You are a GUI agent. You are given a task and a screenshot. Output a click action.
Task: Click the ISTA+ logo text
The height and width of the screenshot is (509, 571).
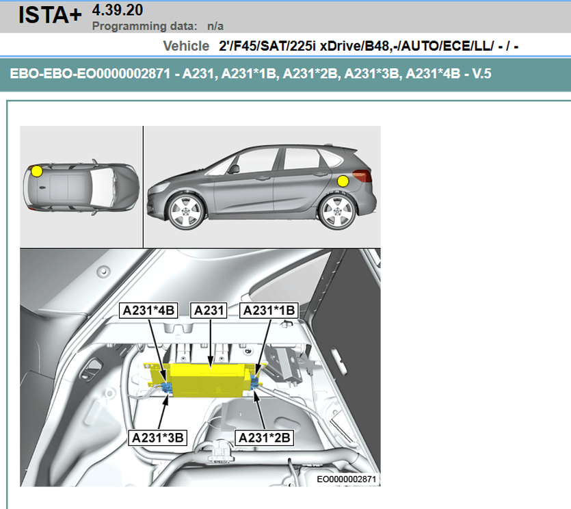(x=50, y=15)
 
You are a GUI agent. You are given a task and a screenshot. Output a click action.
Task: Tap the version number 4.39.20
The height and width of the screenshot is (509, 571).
(x=118, y=10)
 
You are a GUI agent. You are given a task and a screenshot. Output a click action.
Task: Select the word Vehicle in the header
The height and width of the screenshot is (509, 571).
(x=186, y=46)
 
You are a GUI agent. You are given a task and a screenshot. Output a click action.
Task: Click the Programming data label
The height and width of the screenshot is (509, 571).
(x=144, y=26)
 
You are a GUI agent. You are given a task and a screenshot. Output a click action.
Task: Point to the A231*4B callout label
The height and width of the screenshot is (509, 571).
(x=148, y=311)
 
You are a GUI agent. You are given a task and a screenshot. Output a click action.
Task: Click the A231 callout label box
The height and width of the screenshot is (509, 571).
(x=209, y=311)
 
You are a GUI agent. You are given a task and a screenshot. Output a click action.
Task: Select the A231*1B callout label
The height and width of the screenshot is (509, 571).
(x=269, y=311)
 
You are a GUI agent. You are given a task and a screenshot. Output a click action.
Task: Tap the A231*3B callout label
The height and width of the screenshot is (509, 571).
(x=158, y=438)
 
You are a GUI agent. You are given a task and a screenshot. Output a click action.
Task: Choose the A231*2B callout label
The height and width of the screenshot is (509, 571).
(x=264, y=438)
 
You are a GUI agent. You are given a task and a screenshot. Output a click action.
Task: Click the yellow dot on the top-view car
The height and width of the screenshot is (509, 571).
(x=37, y=171)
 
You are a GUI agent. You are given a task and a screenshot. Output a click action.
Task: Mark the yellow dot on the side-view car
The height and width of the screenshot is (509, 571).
(x=343, y=181)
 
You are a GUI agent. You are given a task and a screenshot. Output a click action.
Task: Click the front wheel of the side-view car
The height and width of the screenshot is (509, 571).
(x=185, y=211)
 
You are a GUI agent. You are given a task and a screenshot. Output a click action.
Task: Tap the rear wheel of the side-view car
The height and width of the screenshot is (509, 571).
(x=337, y=211)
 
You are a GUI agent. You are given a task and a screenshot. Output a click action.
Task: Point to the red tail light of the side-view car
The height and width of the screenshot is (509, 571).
(x=362, y=176)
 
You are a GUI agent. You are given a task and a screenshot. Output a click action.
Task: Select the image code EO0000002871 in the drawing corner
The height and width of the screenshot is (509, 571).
(x=346, y=479)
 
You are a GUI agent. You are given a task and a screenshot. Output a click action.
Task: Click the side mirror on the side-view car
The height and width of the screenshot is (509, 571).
(x=233, y=169)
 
